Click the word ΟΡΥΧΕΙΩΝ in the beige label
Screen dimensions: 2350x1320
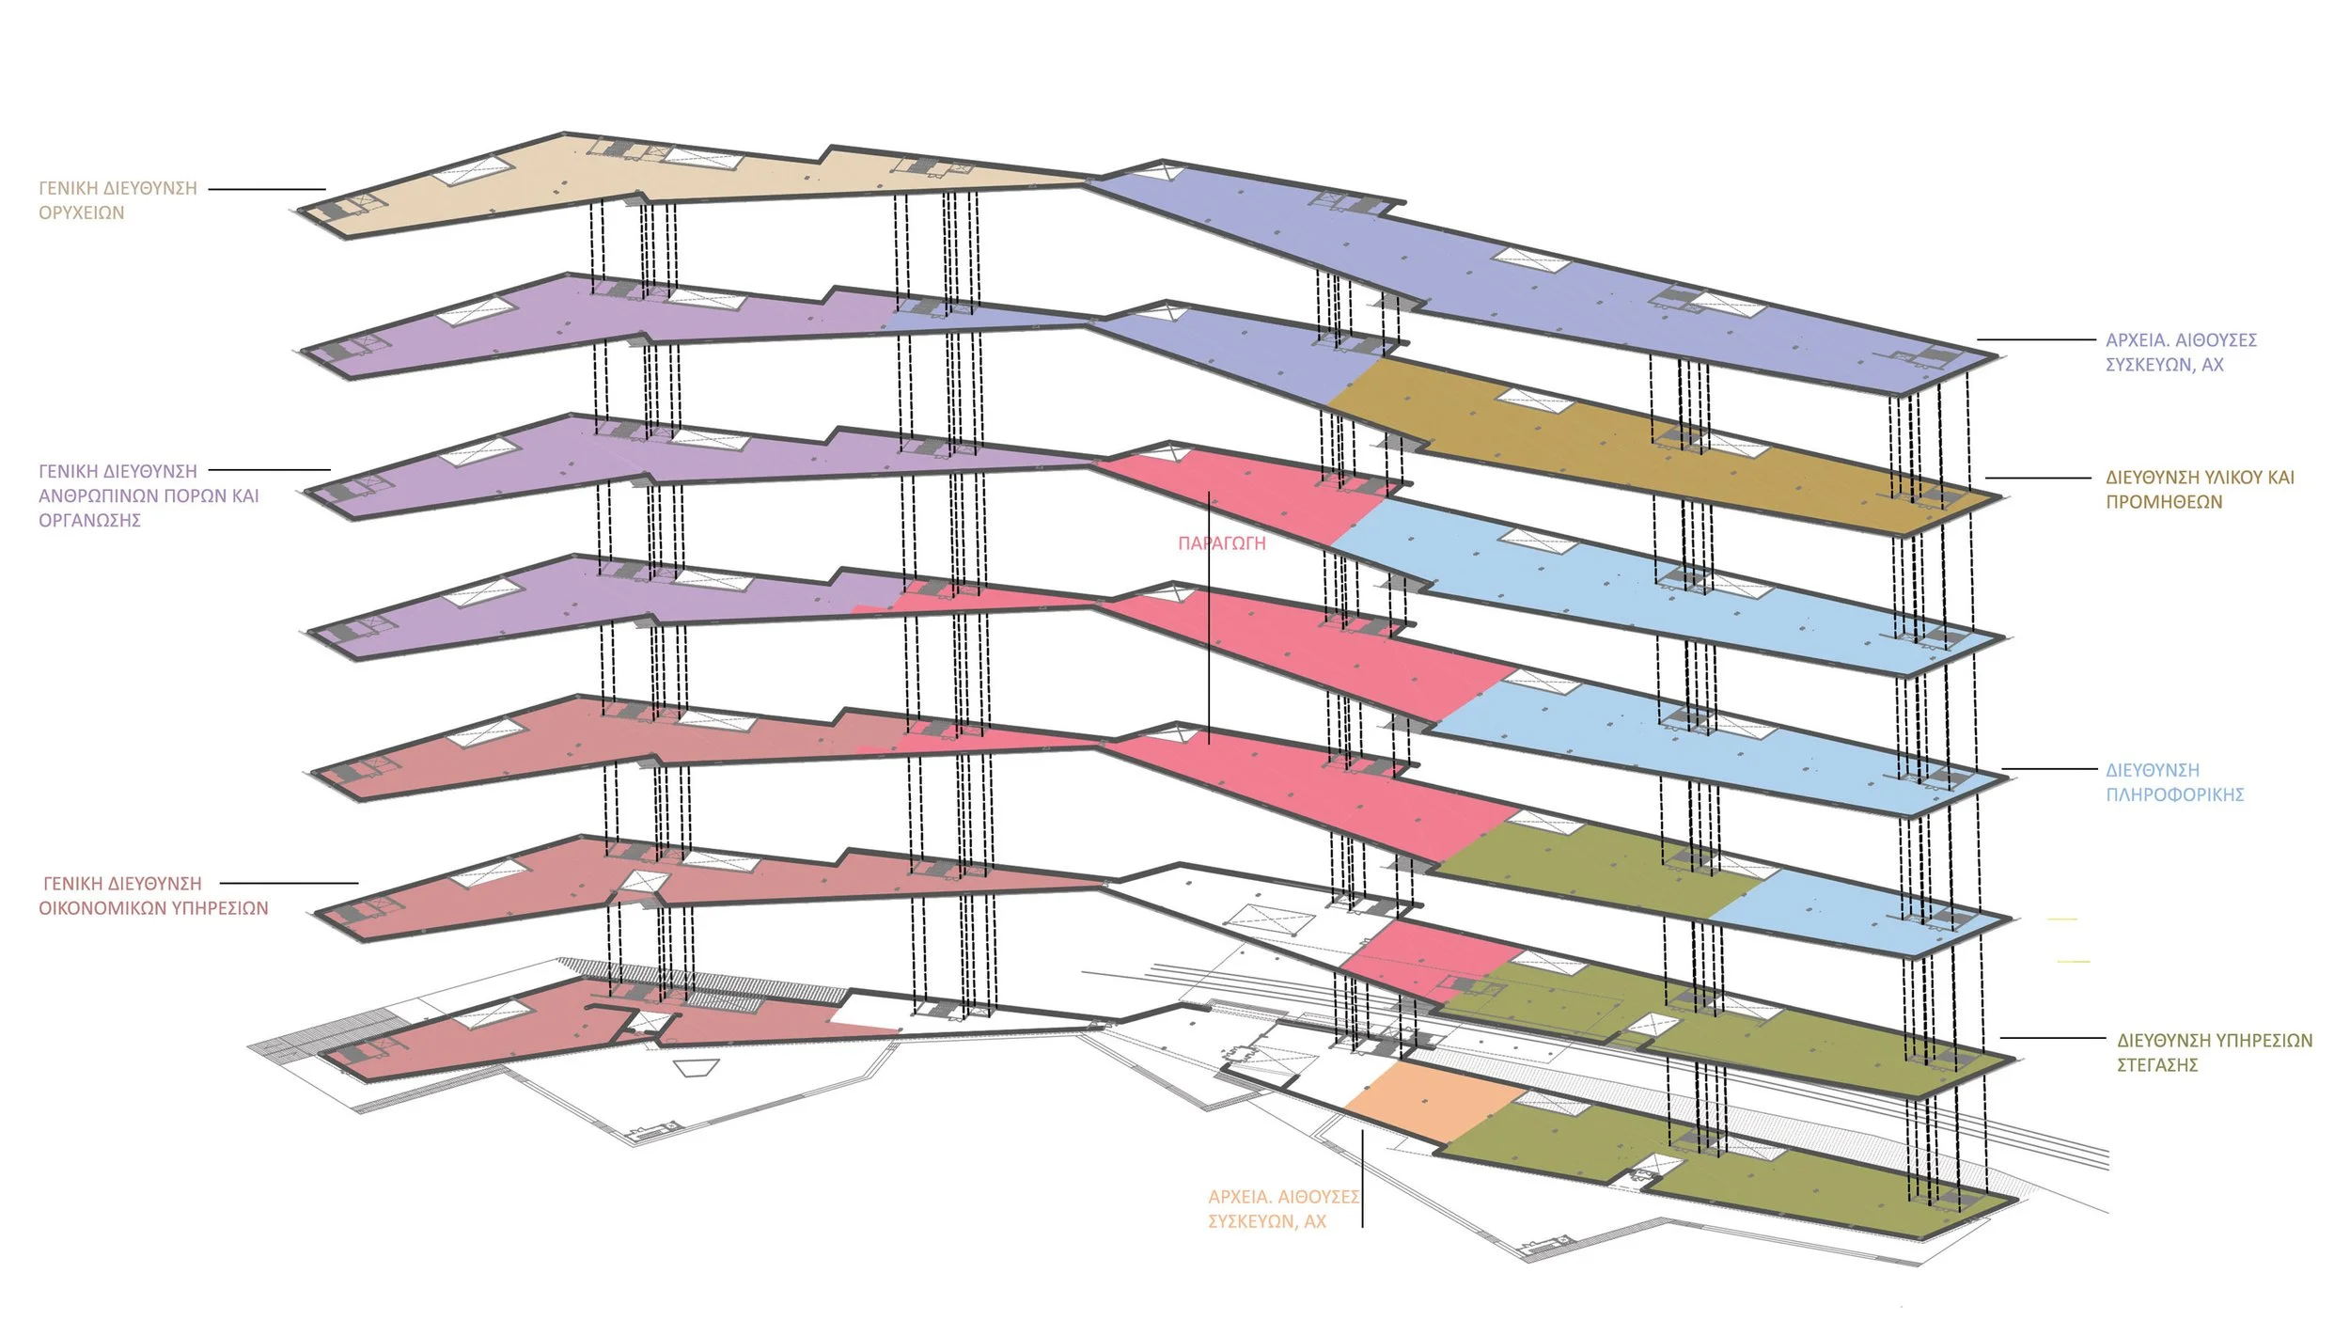coord(81,213)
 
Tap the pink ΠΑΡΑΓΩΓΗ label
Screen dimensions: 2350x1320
coord(1221,543)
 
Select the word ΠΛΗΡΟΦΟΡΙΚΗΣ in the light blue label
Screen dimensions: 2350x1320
coord(2174,795)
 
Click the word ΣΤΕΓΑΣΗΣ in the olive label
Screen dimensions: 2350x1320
coord(2157,1065)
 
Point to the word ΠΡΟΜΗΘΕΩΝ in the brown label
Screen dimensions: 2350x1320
coord(2164,502)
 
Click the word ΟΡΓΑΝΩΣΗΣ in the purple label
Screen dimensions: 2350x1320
coord(89,521)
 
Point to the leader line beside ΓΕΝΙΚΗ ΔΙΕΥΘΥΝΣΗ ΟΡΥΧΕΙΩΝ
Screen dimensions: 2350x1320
coord(266,189)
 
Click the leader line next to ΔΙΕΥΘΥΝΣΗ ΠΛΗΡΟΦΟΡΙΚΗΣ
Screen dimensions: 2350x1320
coord(2048,769)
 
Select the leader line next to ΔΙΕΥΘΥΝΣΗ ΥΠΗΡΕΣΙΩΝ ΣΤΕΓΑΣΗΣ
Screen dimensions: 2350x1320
coord(2052,1038)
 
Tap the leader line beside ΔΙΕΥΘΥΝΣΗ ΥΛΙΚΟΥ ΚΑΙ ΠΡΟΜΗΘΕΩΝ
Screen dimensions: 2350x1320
coord(2037,478)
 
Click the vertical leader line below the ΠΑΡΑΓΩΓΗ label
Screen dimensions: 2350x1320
coord(1209,649)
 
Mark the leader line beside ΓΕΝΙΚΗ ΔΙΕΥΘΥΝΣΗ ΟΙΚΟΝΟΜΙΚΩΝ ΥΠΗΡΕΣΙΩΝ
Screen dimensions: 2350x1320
coord(289,883)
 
